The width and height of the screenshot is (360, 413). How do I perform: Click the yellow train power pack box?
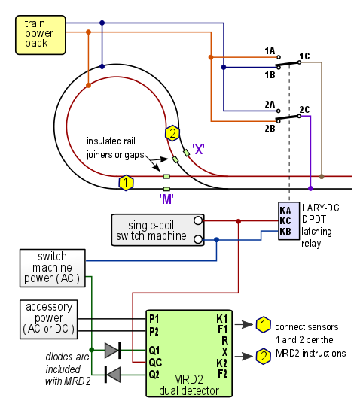(x=41, y=35)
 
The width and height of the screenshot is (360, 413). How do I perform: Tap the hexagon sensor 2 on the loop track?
(x=172, y=133)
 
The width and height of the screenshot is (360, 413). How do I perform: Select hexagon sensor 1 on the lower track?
(x=126, y=183)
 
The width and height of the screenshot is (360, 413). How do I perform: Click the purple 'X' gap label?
(x=198, y=150)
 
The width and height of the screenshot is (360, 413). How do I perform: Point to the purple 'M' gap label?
(x=166, y=199)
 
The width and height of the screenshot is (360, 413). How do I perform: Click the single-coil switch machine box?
(x=157, y=230)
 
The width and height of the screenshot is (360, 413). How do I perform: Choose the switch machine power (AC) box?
(x=53, y=268)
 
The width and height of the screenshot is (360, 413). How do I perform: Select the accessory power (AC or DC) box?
(x=49, y=319)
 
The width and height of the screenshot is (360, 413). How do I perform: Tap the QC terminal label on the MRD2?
(x=155, y=363)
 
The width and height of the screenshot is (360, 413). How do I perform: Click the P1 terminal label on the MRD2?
(x=154, y=319)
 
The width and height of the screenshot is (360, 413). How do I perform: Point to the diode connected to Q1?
(x=113, y=350)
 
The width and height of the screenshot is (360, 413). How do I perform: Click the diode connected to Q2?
(x=113, y=375)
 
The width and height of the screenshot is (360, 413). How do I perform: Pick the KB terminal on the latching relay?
(x=285, y=231)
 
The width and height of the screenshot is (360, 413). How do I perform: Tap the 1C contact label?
(x=304, y=56)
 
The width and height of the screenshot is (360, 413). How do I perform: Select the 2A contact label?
(x=270, y=105)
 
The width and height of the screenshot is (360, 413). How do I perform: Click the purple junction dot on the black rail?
(x=311, y=188)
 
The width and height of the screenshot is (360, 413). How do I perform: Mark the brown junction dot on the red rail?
(x=322, y=177)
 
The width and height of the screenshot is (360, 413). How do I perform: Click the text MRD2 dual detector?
(x=189, y=385)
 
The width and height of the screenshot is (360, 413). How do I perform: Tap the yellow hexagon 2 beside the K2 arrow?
(x=263, y=356)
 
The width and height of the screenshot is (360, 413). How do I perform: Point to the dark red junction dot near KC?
(x=239, y=221)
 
